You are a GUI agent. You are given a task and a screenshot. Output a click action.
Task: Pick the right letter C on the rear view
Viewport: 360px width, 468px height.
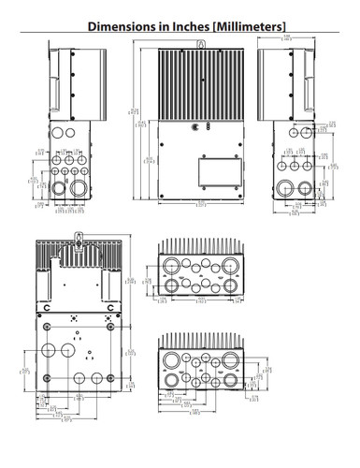point(109,307)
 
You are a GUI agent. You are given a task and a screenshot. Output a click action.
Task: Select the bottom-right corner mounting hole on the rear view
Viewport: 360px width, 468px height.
point(119,391)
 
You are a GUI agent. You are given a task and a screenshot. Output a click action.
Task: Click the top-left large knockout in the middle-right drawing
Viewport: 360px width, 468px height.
point(172,264)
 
